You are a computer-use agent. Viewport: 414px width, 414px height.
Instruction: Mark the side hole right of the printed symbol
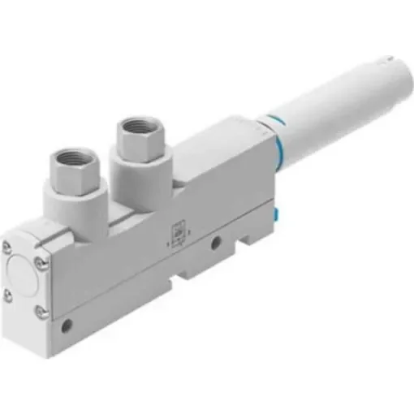(x=216, y=242)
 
